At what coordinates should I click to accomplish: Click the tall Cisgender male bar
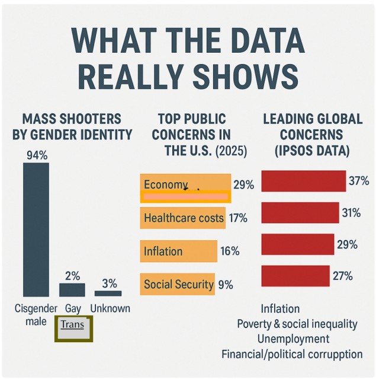tap(36, 229)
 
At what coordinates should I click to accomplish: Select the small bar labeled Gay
tap(72, 289)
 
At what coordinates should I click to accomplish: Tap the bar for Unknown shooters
tap(108, 293)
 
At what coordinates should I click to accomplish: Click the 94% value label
tap(36, 155)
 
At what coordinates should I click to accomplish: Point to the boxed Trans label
tap(72, 325)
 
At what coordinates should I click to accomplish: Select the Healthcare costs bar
tap(184, 218)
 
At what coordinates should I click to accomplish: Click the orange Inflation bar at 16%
tap(179, 251)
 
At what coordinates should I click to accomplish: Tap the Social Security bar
tap(178, 284)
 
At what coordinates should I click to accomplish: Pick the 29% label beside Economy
tap(243, 184)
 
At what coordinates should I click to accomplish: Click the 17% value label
tap(237, 218)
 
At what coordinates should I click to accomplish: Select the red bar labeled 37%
tap(303, 181)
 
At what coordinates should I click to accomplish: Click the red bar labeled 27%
tap(295, 275)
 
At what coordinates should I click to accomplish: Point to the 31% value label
tap(351, 212)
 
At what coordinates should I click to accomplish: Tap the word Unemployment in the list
tap(293, 339)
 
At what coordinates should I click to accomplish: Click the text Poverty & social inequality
tap(297, 324)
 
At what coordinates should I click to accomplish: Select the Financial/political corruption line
tap(292, 354)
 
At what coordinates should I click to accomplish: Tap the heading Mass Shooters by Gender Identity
tap(72, 126)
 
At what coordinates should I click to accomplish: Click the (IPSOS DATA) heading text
tap(312, 151)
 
